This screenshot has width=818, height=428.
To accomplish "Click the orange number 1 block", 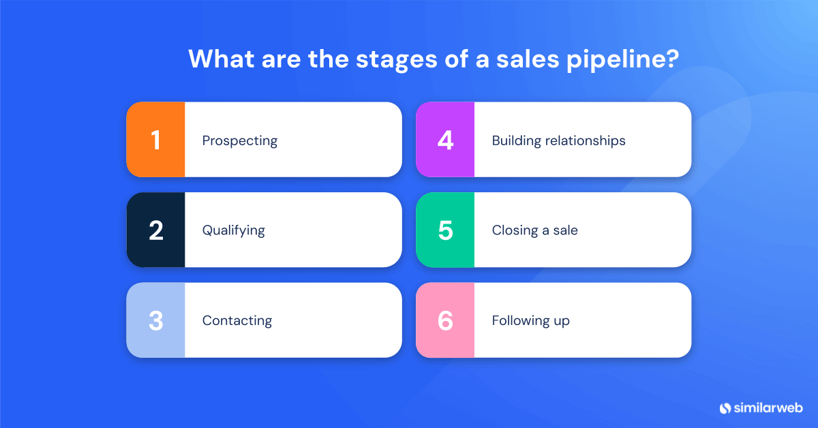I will click(155, 140).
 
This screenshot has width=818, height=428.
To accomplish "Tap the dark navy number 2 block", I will click(155, 230).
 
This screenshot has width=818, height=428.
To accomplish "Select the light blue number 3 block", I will click(155, 320).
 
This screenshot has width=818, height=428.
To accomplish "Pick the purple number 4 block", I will click(445, 140).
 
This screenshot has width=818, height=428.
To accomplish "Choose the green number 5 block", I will click(445, 230).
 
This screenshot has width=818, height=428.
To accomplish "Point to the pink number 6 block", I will click(445, 320).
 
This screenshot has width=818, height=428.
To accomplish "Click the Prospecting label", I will click(240, 141).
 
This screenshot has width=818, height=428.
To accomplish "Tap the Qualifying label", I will click(233, 230).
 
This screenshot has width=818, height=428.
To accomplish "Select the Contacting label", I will click(237, 320).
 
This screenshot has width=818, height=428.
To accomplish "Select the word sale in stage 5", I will click(564, 230).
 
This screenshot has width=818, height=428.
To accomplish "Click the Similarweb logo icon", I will click(725, 408).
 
